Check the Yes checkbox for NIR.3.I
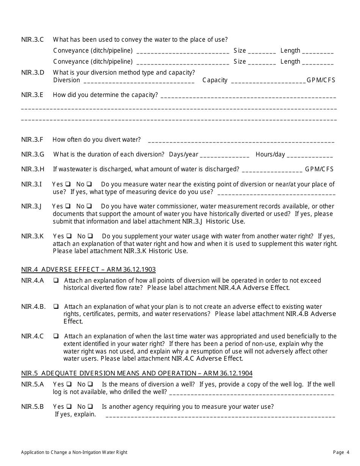click(x=68, y=185)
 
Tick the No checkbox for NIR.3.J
click(x=89, y=206)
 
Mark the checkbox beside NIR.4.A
click(x=56, y=281)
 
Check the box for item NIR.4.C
click(x=56, y=336)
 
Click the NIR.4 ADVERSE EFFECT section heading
click(x=88, y=270)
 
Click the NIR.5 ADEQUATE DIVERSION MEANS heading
click(x=137, y=373)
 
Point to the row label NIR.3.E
click(x=32, y=95)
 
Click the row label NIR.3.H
click(x=33, y=169)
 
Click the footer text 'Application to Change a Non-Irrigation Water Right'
click(x=74, y=452)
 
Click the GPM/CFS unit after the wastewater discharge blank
click(x=319, y=169)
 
